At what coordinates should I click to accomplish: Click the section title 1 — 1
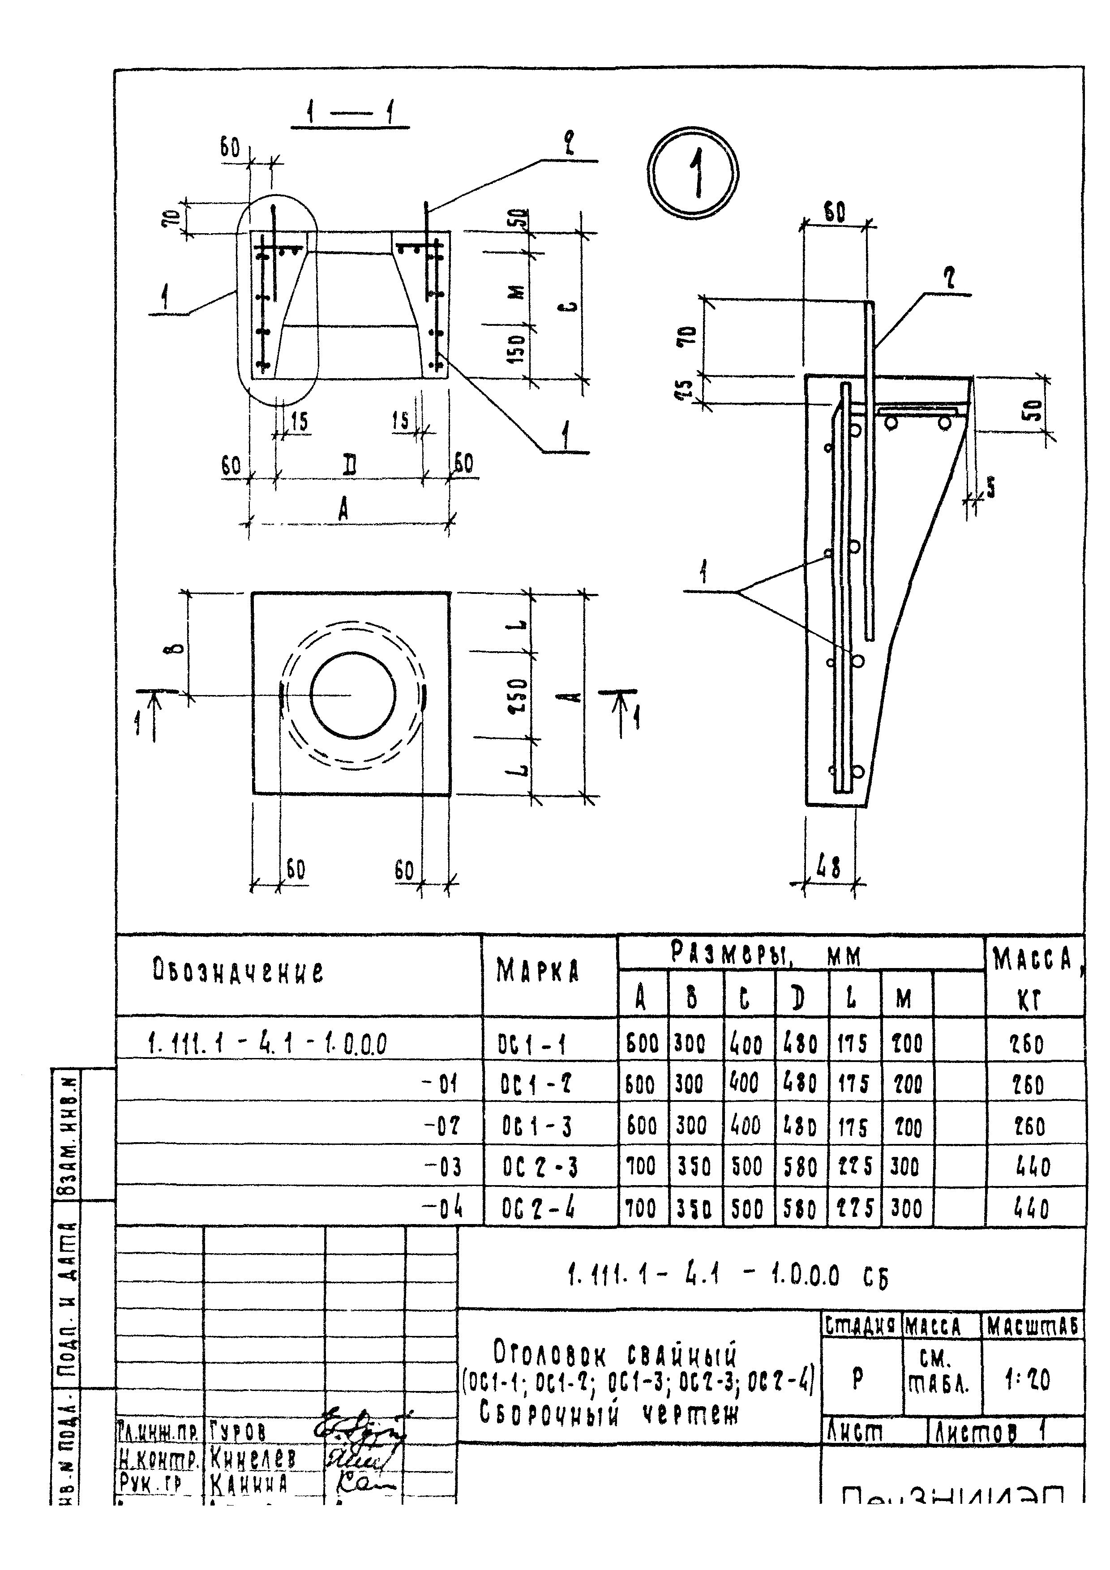[x=350, y=114]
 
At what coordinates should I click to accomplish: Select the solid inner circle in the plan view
[x=352, y=694]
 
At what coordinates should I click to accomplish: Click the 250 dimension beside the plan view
[x=520, y=695]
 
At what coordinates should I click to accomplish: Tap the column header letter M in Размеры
[x=904, y=1000]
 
